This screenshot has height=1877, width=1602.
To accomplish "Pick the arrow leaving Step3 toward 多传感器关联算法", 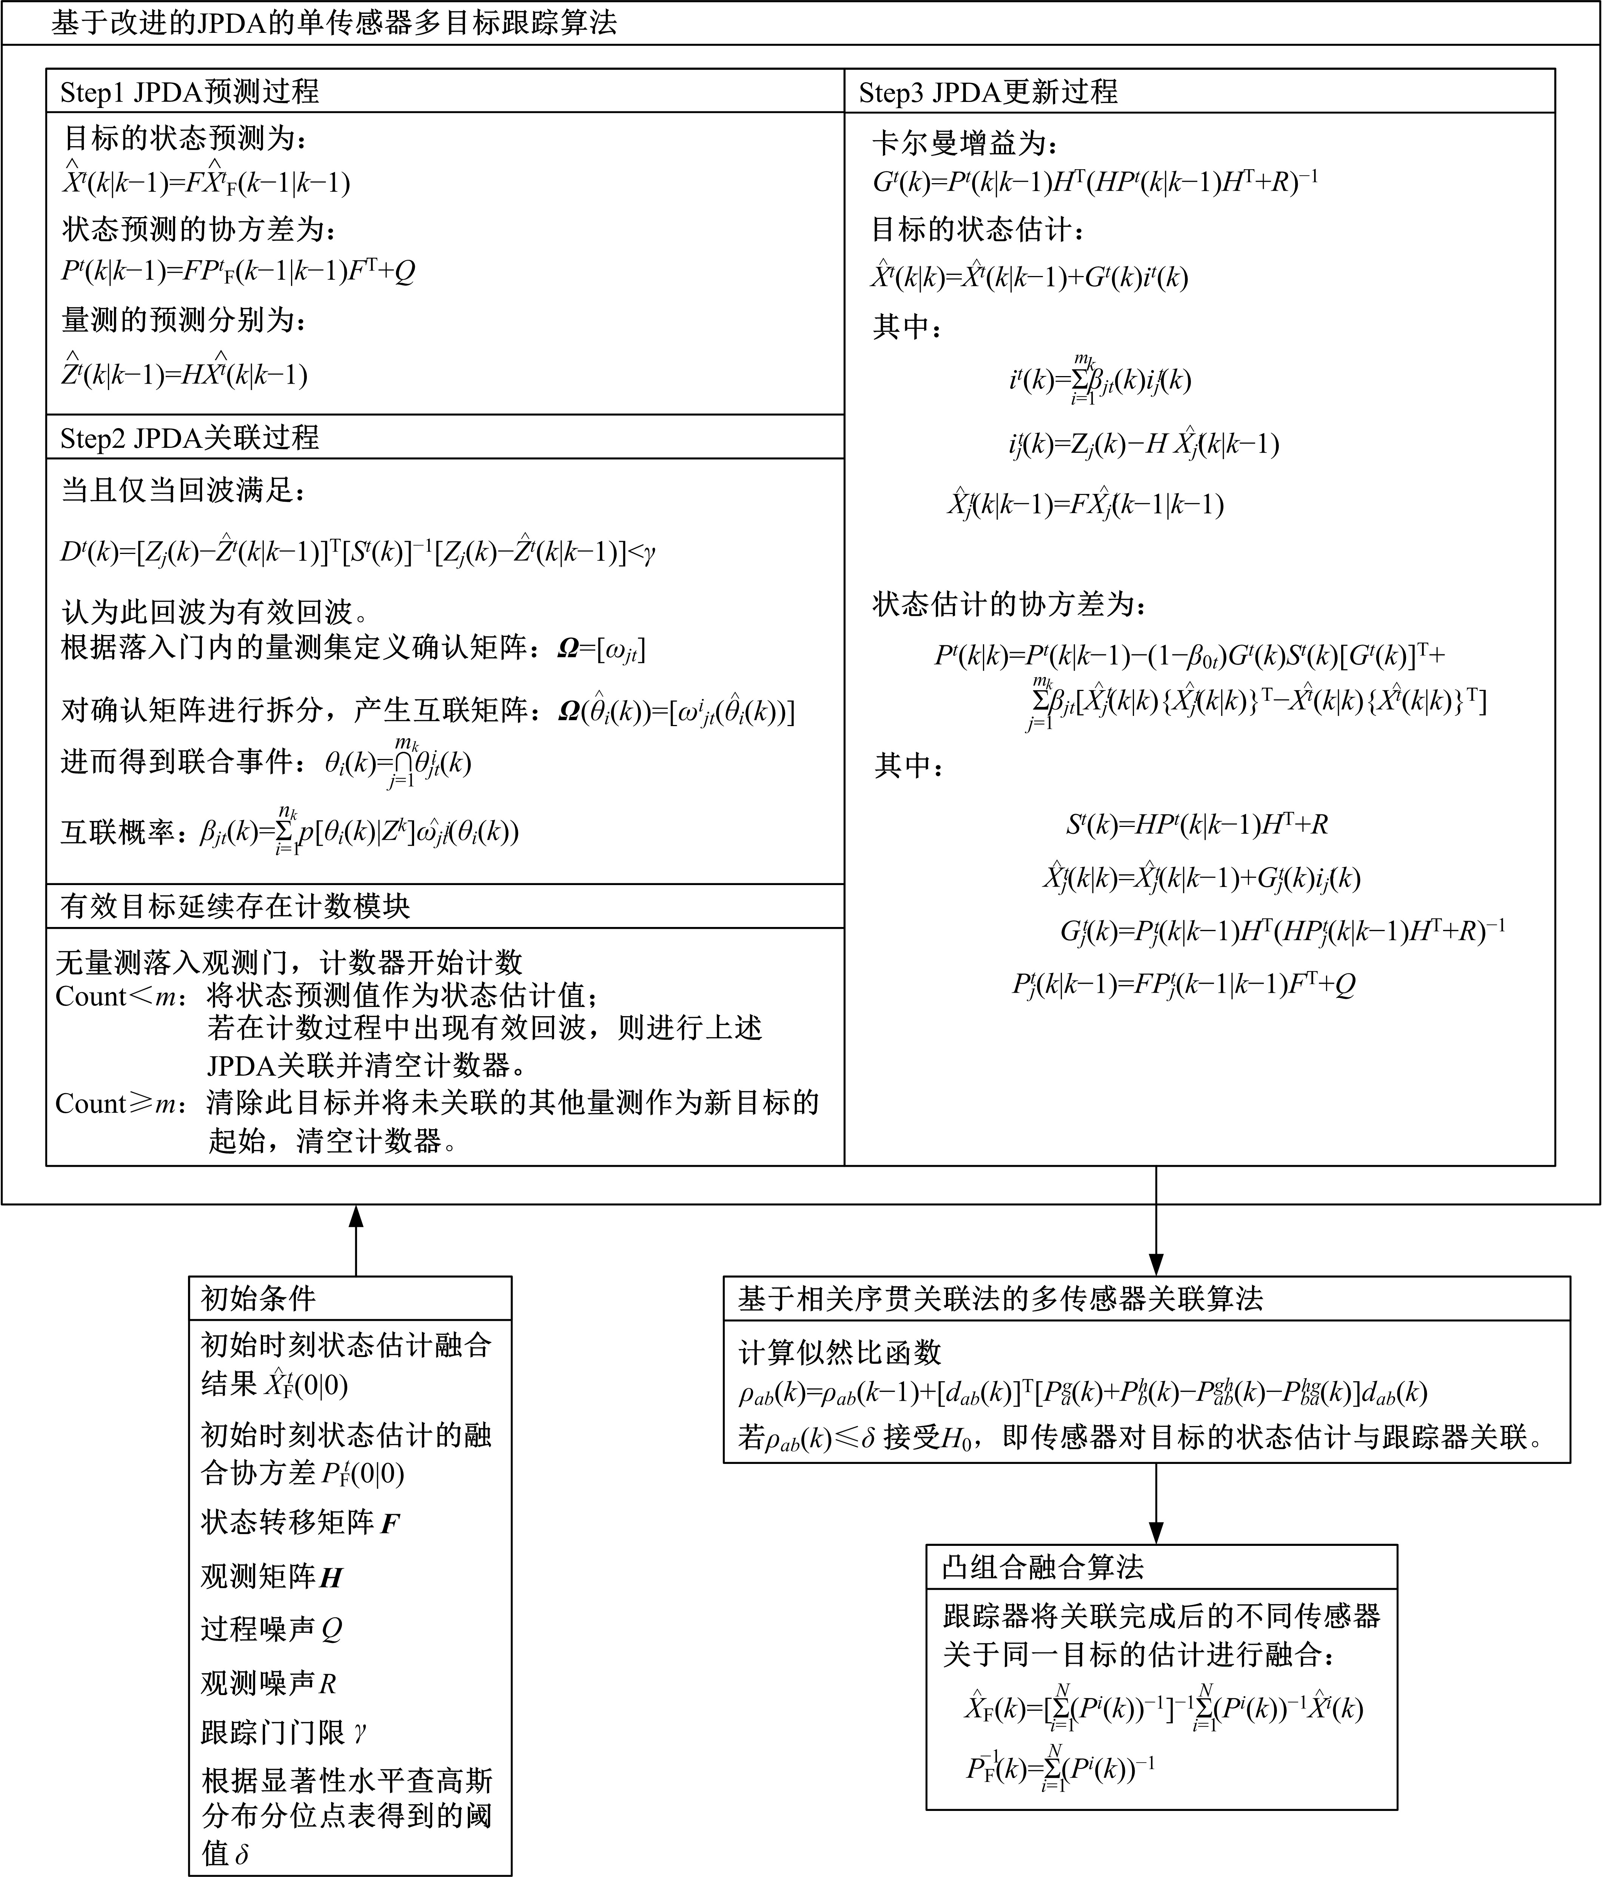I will click(x=1155, y=1223).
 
